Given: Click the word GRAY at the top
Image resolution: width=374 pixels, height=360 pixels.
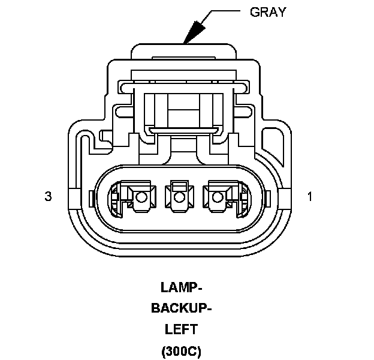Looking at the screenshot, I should pyautogui.click(x=267, y=11).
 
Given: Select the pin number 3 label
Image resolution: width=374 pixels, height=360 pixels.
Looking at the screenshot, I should pyautogui.click(x=48, y=196).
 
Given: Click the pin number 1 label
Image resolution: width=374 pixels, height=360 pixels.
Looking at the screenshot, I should pyautogui.click(x=310, y=196).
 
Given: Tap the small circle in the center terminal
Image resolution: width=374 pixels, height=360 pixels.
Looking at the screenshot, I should pyautogui.click(x=178, y=197).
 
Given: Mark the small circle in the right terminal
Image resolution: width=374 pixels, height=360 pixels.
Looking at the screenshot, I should pyautogui.click(x=216, y=197).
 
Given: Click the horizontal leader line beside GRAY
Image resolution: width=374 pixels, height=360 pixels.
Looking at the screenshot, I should pyautogui.click(x=222, y=11).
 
